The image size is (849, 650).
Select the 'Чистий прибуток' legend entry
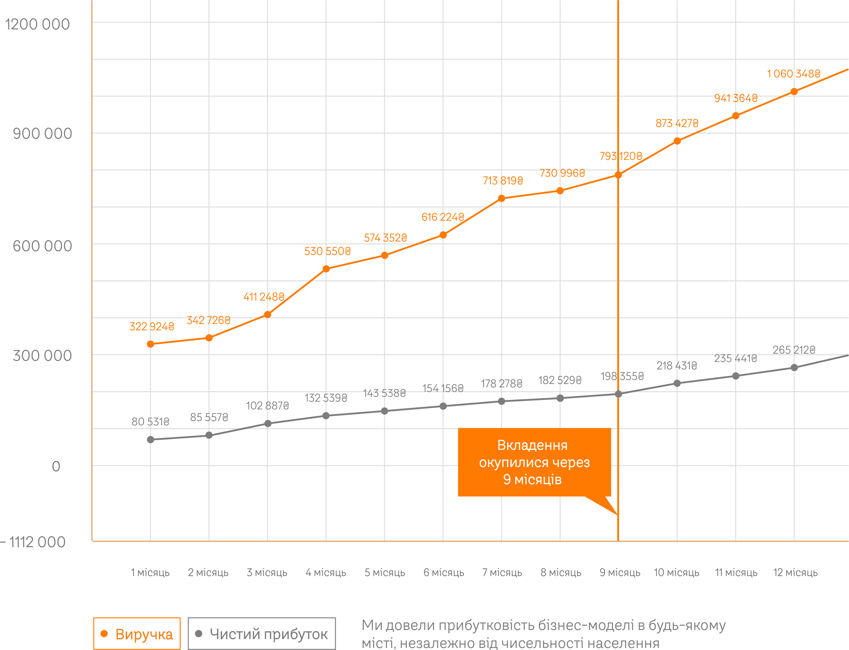(x=262, y=634)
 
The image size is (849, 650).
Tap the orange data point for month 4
(x=326, y=269)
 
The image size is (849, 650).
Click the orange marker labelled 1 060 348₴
(x=794, y=92)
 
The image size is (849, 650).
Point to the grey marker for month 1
(x=151, y=440)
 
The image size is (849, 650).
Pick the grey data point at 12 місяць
(x=794, y=368)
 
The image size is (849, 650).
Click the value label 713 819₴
(x=503, y=181)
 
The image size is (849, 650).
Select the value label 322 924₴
(x=151, y=327)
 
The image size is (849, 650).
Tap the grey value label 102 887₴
(x=267, y=405)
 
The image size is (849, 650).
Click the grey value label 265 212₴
(x=794, y=350)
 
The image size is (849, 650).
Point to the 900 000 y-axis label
(x=42, y=134)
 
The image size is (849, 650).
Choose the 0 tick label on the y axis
(x=56, y=466)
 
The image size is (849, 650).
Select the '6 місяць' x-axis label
(x=444, y=573)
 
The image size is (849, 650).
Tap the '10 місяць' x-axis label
(x=677, y=573)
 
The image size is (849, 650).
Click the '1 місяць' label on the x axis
(x=150, y=573)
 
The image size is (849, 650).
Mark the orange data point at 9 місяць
(x=618, y=175)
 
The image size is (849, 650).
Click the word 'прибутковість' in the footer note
(x=485, y=625)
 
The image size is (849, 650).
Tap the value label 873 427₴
(x=677, y=123)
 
